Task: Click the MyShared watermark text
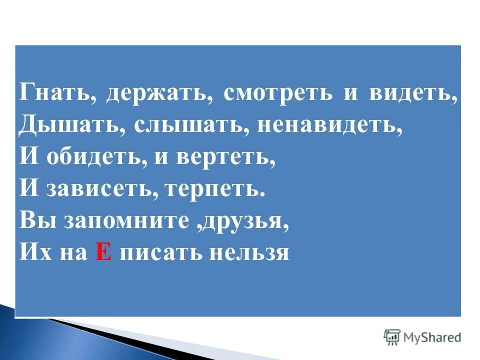(x=432, y=337)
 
